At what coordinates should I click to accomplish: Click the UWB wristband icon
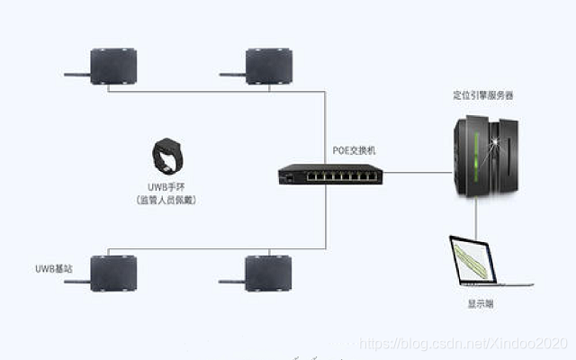point(167,157)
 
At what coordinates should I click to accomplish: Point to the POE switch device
point(329,174)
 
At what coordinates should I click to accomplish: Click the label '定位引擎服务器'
point(483,94)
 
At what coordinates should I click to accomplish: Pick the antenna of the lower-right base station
point(232,281)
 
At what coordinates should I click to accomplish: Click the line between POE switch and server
point(414,172)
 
